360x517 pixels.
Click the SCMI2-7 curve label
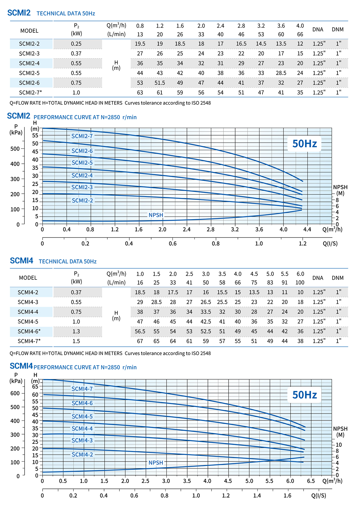tap(82, 136)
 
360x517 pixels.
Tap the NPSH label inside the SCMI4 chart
tap(156, 463)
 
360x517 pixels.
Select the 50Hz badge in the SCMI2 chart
tap(304, 144)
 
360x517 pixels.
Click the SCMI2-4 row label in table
tap(29, 63)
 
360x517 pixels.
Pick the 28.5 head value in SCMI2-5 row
tap(281, 73)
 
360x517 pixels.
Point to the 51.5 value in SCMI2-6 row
tap(160, 83)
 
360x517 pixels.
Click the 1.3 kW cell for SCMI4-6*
tap(76, 331)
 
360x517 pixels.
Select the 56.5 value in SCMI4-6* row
tap(140, 331)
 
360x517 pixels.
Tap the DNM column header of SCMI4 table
tap(337, 278)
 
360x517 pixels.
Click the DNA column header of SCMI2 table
tap(318, 29)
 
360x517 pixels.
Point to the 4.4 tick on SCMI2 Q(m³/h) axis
tap(307, 229)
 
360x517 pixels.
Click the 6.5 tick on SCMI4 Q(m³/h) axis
tap(311, 481)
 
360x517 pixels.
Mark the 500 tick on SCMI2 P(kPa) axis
tap(15, 149)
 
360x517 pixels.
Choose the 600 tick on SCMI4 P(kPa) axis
tap(15, 393)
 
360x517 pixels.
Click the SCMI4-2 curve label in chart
tap(82, 455)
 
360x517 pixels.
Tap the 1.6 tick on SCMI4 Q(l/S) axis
tap(287, 495)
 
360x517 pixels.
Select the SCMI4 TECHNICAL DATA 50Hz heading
tap(53, 261)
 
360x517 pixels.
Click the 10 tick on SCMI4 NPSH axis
tap(338, 445)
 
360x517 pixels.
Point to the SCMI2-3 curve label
tap(82, 187)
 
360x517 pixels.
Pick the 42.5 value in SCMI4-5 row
tap(205, 321)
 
